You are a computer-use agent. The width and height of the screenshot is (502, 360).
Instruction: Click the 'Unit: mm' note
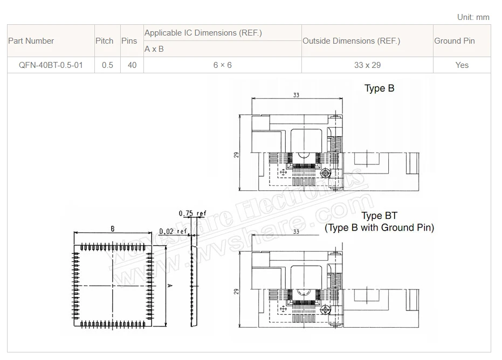point(473,17)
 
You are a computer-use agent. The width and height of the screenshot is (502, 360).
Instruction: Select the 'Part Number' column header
point(31,41)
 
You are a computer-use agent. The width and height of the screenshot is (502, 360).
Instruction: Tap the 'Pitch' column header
point(105,41)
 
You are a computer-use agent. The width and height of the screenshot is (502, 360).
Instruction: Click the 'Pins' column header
point(129,41)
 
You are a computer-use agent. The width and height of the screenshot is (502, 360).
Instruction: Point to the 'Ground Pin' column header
point(455,41)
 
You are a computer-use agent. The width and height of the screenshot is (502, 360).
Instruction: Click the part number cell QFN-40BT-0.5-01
point(51,65)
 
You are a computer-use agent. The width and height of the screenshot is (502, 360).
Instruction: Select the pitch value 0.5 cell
point(108,65)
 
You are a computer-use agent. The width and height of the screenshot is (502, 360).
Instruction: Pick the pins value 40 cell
point(132,65)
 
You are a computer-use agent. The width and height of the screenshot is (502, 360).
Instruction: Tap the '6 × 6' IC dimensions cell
point(223,65)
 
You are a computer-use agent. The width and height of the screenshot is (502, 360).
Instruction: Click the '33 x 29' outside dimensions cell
point(368,65)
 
